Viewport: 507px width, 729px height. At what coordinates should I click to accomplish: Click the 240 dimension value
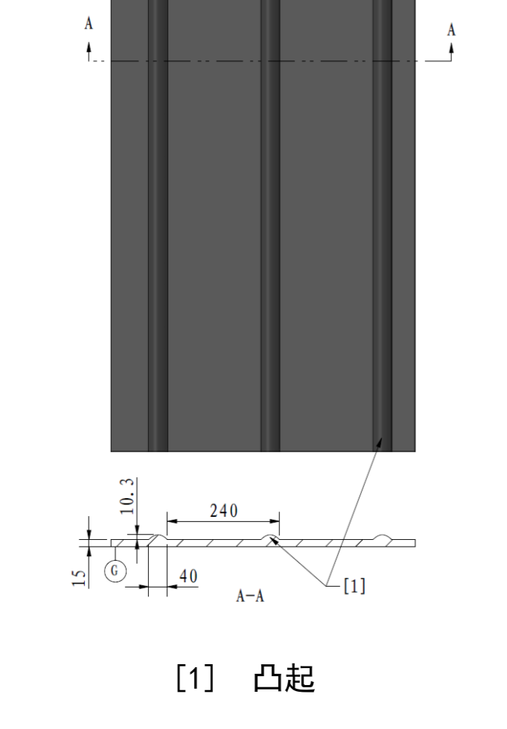pyautogui.click(x=223, y=511)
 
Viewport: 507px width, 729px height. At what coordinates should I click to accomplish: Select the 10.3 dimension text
pyautogui.click(x=127, y=496)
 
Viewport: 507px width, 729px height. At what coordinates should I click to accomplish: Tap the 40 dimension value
pyautogui.click(x=188, y=576)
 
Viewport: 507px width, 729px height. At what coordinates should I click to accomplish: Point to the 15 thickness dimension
pyautogui.click(x=80, y=578)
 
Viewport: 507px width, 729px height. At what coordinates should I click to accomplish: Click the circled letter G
pyautogui.click(x=115, y=570)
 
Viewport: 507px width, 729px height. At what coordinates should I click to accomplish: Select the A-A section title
pyautogui.click(x=250, y=596)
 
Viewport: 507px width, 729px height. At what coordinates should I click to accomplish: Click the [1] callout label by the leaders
pyautogui.click(x=354, y=586)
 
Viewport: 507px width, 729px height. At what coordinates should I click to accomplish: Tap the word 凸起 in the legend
pyautogui.click(x=284, y=678)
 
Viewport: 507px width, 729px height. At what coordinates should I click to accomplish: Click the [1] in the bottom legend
pyautogui.click(x=195, y=678)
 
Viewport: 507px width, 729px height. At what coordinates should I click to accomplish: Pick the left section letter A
pyautogui.click(x=89, y=23)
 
